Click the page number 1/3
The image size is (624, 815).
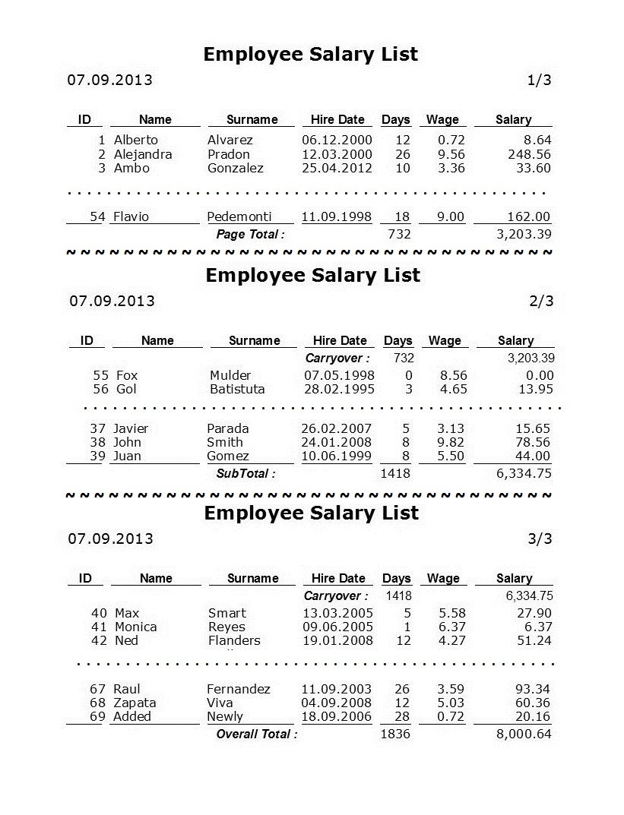[539, 80]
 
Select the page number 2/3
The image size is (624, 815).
[541, 301]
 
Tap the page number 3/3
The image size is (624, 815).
[540, 539]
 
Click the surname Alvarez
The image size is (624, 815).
[230, 140]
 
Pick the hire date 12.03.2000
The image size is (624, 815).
[337, 154]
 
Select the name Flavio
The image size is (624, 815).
[131, 216]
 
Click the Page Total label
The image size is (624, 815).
[250, 235]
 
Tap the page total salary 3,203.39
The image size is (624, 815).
[524, 234]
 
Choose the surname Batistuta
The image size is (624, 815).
[237, 389]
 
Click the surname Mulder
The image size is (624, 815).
[230, 375]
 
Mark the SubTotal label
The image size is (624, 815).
[245, 473]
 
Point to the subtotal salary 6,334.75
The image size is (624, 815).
[524, 473]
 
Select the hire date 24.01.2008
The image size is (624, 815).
[336, 442]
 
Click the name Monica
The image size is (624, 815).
[135, 627]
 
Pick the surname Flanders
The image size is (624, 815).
[234, 640]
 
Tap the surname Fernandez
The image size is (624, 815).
[238, 689]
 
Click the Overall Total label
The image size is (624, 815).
[257, 734]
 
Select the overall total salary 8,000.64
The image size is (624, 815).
[524, 734]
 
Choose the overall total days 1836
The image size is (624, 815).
[394, 734]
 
